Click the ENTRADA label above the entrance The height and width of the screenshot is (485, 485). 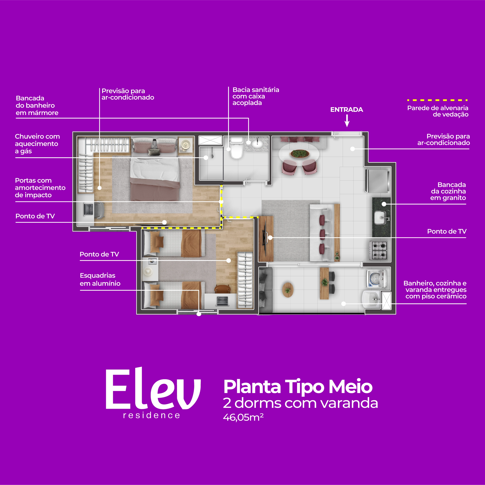click(x=346, y=110)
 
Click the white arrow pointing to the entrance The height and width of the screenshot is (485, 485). click(x=347, y=121)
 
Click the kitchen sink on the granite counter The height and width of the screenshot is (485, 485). click(x=381, y=217)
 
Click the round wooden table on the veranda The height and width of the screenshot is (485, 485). click(x=288, y=290)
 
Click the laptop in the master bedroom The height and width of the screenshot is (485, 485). click(x=88, y=209)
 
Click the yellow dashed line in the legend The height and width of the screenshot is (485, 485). click(x=437, y=100)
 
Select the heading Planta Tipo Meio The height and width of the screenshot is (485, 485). click(x=298, y=387)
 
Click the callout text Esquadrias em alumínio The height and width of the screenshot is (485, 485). click(x=100, y=279)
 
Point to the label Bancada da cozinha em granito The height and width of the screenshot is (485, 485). click(x=448, y=191)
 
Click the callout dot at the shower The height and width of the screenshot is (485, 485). click(x=206, y=158)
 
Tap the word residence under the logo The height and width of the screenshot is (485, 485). click(x=152, y=415)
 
